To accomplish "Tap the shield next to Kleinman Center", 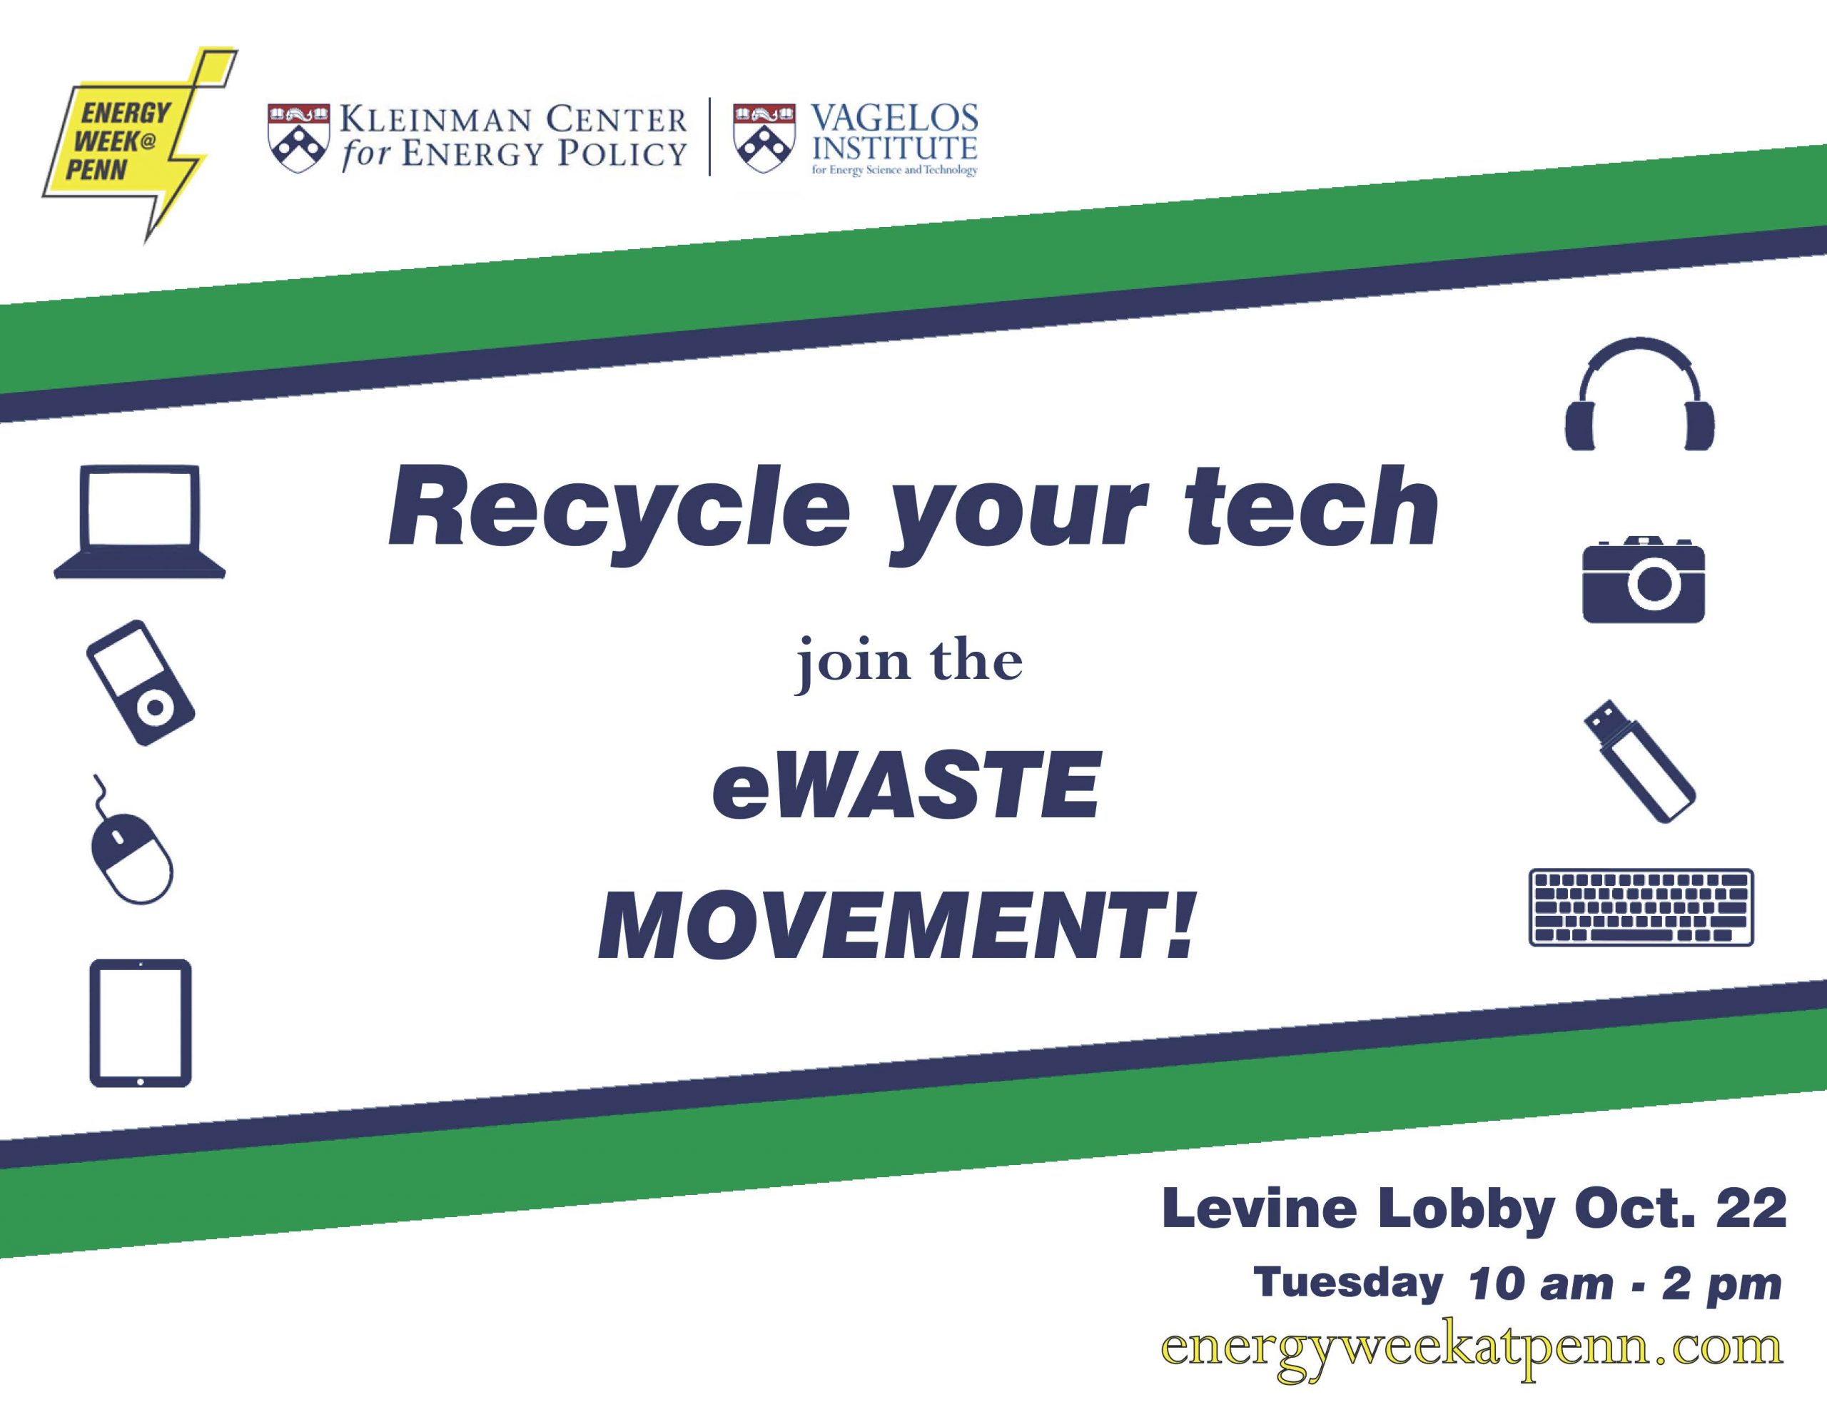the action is pos(298,138).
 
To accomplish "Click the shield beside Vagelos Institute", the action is pos(764,138).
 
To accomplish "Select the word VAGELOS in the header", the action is pos(894,118).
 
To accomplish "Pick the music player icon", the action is pos(141,682).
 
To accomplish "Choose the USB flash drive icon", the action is pos(1639,761).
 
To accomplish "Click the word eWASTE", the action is pos(906,785).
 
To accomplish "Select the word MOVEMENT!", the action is pos(896,927).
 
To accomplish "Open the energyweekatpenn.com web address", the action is pos(1472,1348).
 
